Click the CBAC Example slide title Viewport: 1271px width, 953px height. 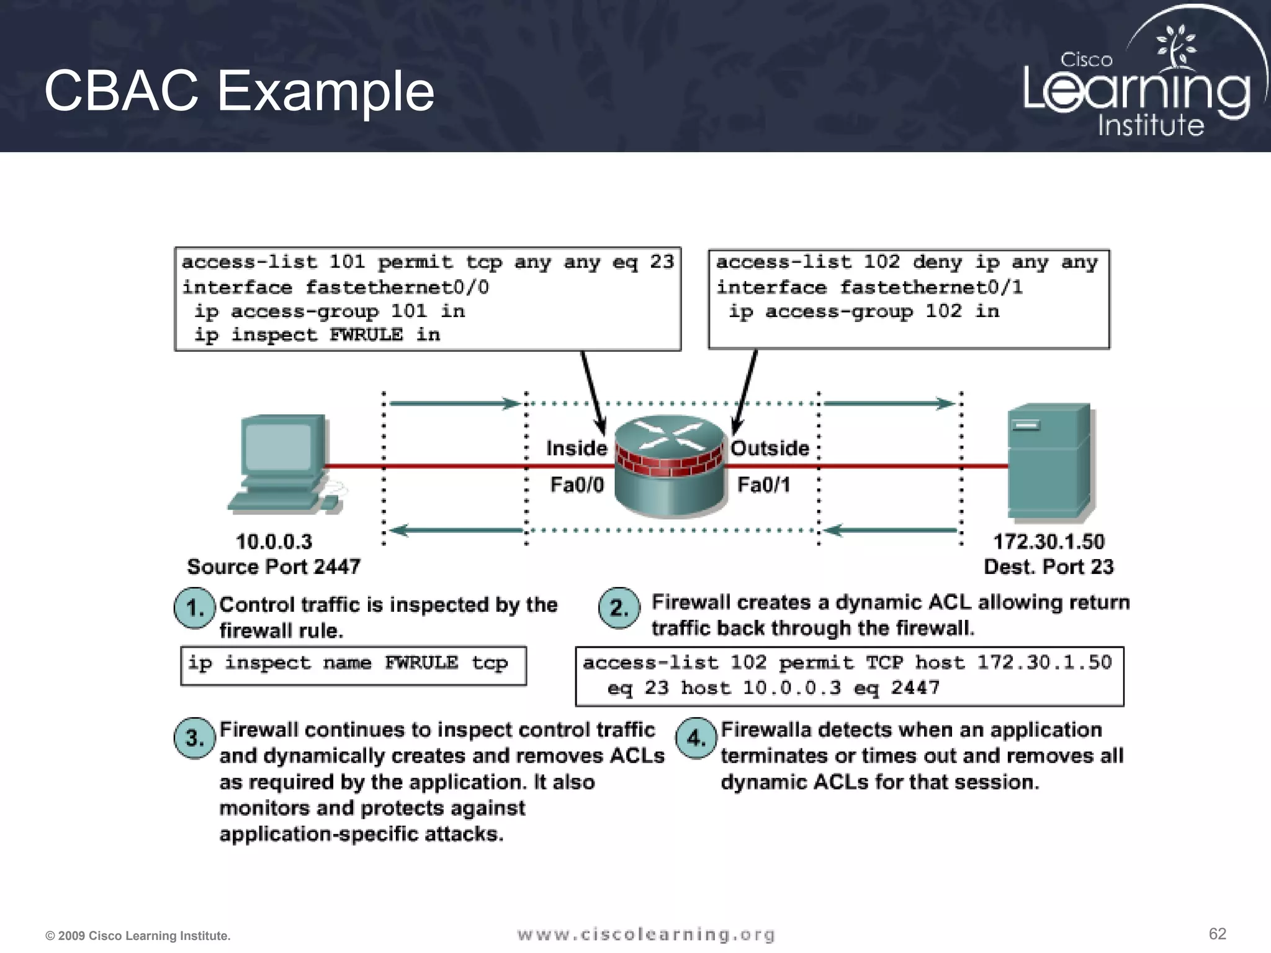pyautogui.click(x=239, y=91)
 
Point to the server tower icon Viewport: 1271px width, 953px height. pyautogui.click(x=1048, y=462)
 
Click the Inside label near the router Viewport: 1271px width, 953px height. pyautogui.click(x=576, y=448)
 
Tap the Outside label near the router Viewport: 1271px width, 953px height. pyautogui.click(x=770, y=448)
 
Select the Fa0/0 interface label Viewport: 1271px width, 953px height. pyautogui.click(x=577, y=485)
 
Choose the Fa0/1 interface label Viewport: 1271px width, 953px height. pyautogui.click(x=763, y=485)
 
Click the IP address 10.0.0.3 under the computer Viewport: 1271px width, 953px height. pyautogui.click(x=274, y=542)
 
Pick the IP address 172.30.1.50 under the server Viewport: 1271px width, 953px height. pyautogui.click(x=1049, y=542)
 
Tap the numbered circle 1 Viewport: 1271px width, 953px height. pyautogui.click(x=195, y=607)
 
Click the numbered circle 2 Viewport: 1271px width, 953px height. pyautogui.click(x=619, y=607)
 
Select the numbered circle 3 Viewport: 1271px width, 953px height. pyautogui.click(x=195, y=738)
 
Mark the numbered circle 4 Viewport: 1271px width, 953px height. pyautogui.click(x=696, y=738)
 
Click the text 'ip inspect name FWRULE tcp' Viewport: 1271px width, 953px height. pyautogui.click(x=348, y=663)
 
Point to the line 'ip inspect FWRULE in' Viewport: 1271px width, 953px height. pyautogui.click(x=317, y=335)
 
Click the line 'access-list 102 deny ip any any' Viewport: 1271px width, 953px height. pyautogui.click(x=907, y=262)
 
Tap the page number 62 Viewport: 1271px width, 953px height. pyautogui.click(x=1217, y=934)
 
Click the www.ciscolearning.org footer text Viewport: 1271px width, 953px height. pyautogui.click(x=645, y=934)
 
